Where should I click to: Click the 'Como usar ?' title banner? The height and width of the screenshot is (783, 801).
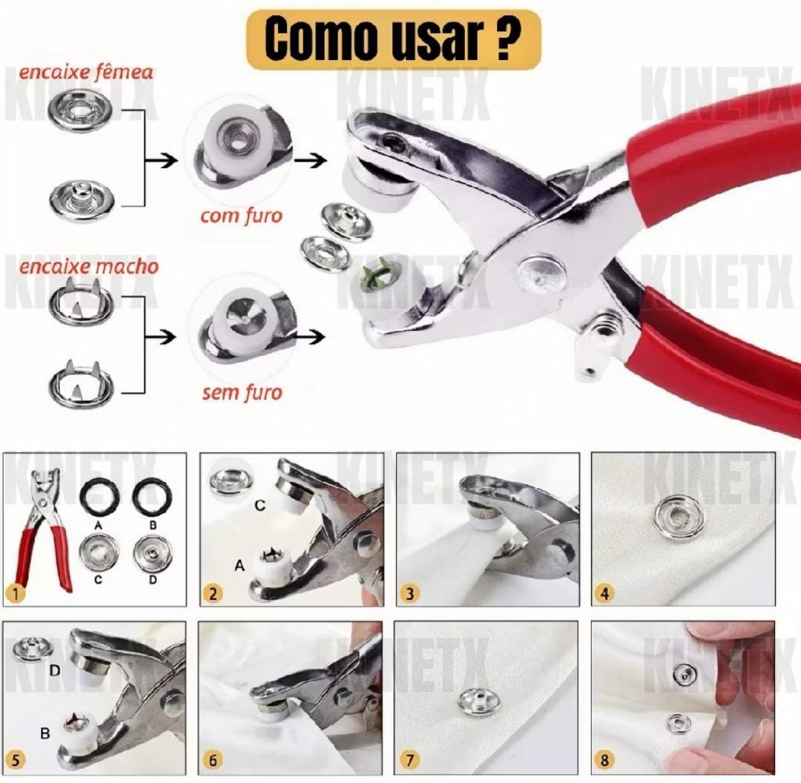point(393,40)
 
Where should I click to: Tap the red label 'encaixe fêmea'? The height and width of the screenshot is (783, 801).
point(86,72)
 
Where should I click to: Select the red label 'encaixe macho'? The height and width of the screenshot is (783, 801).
point(89,267)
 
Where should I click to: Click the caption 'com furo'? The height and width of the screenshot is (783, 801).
point(241,216)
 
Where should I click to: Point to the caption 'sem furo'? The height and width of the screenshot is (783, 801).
point(242,393)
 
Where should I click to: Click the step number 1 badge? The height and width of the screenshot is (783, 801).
point(16,594)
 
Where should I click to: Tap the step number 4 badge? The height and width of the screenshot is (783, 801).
point(605,594)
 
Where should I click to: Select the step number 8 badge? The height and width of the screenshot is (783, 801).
point(605,760)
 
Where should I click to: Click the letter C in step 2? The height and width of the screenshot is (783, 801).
point(260,505)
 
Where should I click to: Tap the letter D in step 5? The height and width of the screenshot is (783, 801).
point(55,670)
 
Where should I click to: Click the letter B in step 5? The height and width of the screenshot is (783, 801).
point(45,733)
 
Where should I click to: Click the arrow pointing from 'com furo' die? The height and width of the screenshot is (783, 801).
point(311,161)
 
